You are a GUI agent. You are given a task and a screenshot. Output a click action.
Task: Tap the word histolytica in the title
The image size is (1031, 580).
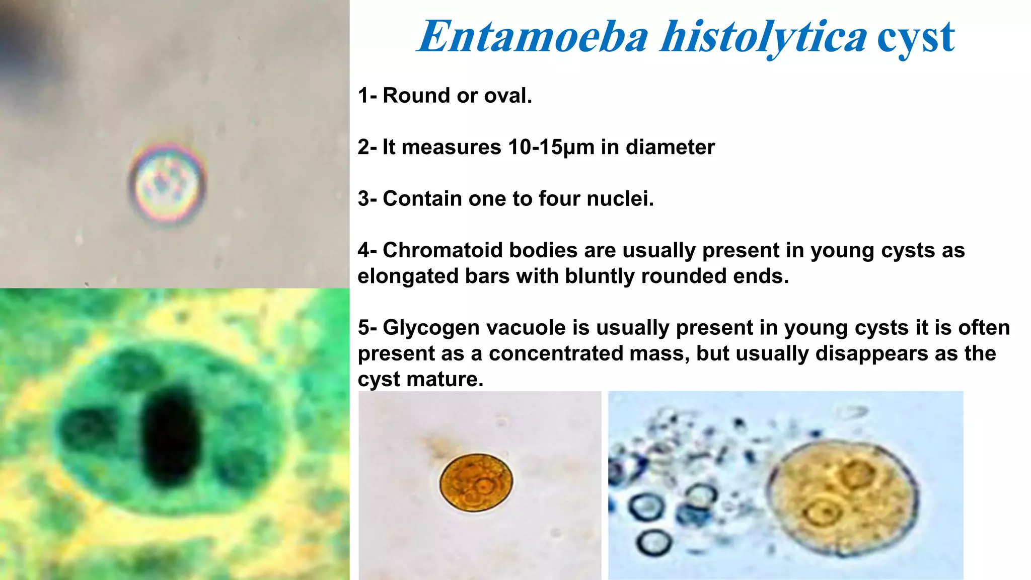coord(764,37)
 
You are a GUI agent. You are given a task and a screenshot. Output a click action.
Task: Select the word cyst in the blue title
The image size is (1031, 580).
coord(916,37)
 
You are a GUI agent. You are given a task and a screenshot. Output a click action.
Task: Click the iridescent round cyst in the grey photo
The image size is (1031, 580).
coord(168,183)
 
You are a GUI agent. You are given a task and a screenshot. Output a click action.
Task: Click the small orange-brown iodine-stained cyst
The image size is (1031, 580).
coord(476,482)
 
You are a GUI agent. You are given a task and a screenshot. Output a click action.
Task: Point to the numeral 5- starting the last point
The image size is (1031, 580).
coord(367,328)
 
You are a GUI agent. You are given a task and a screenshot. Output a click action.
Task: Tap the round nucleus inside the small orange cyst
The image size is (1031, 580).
coord(484,486)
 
